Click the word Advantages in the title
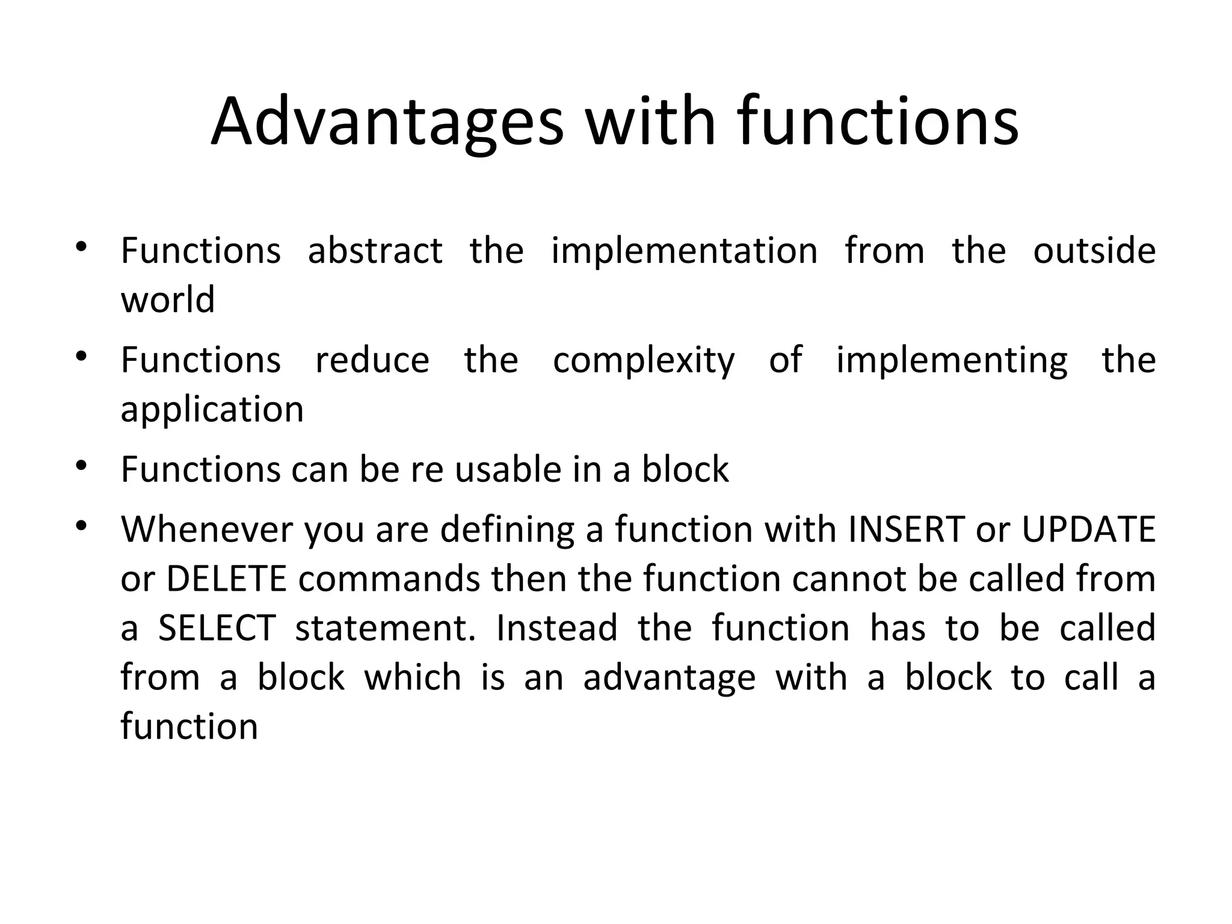387,123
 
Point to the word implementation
685,251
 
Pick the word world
168,300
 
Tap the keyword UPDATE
1088,529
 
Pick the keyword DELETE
226,579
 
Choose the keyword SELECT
217,628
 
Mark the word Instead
557,628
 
